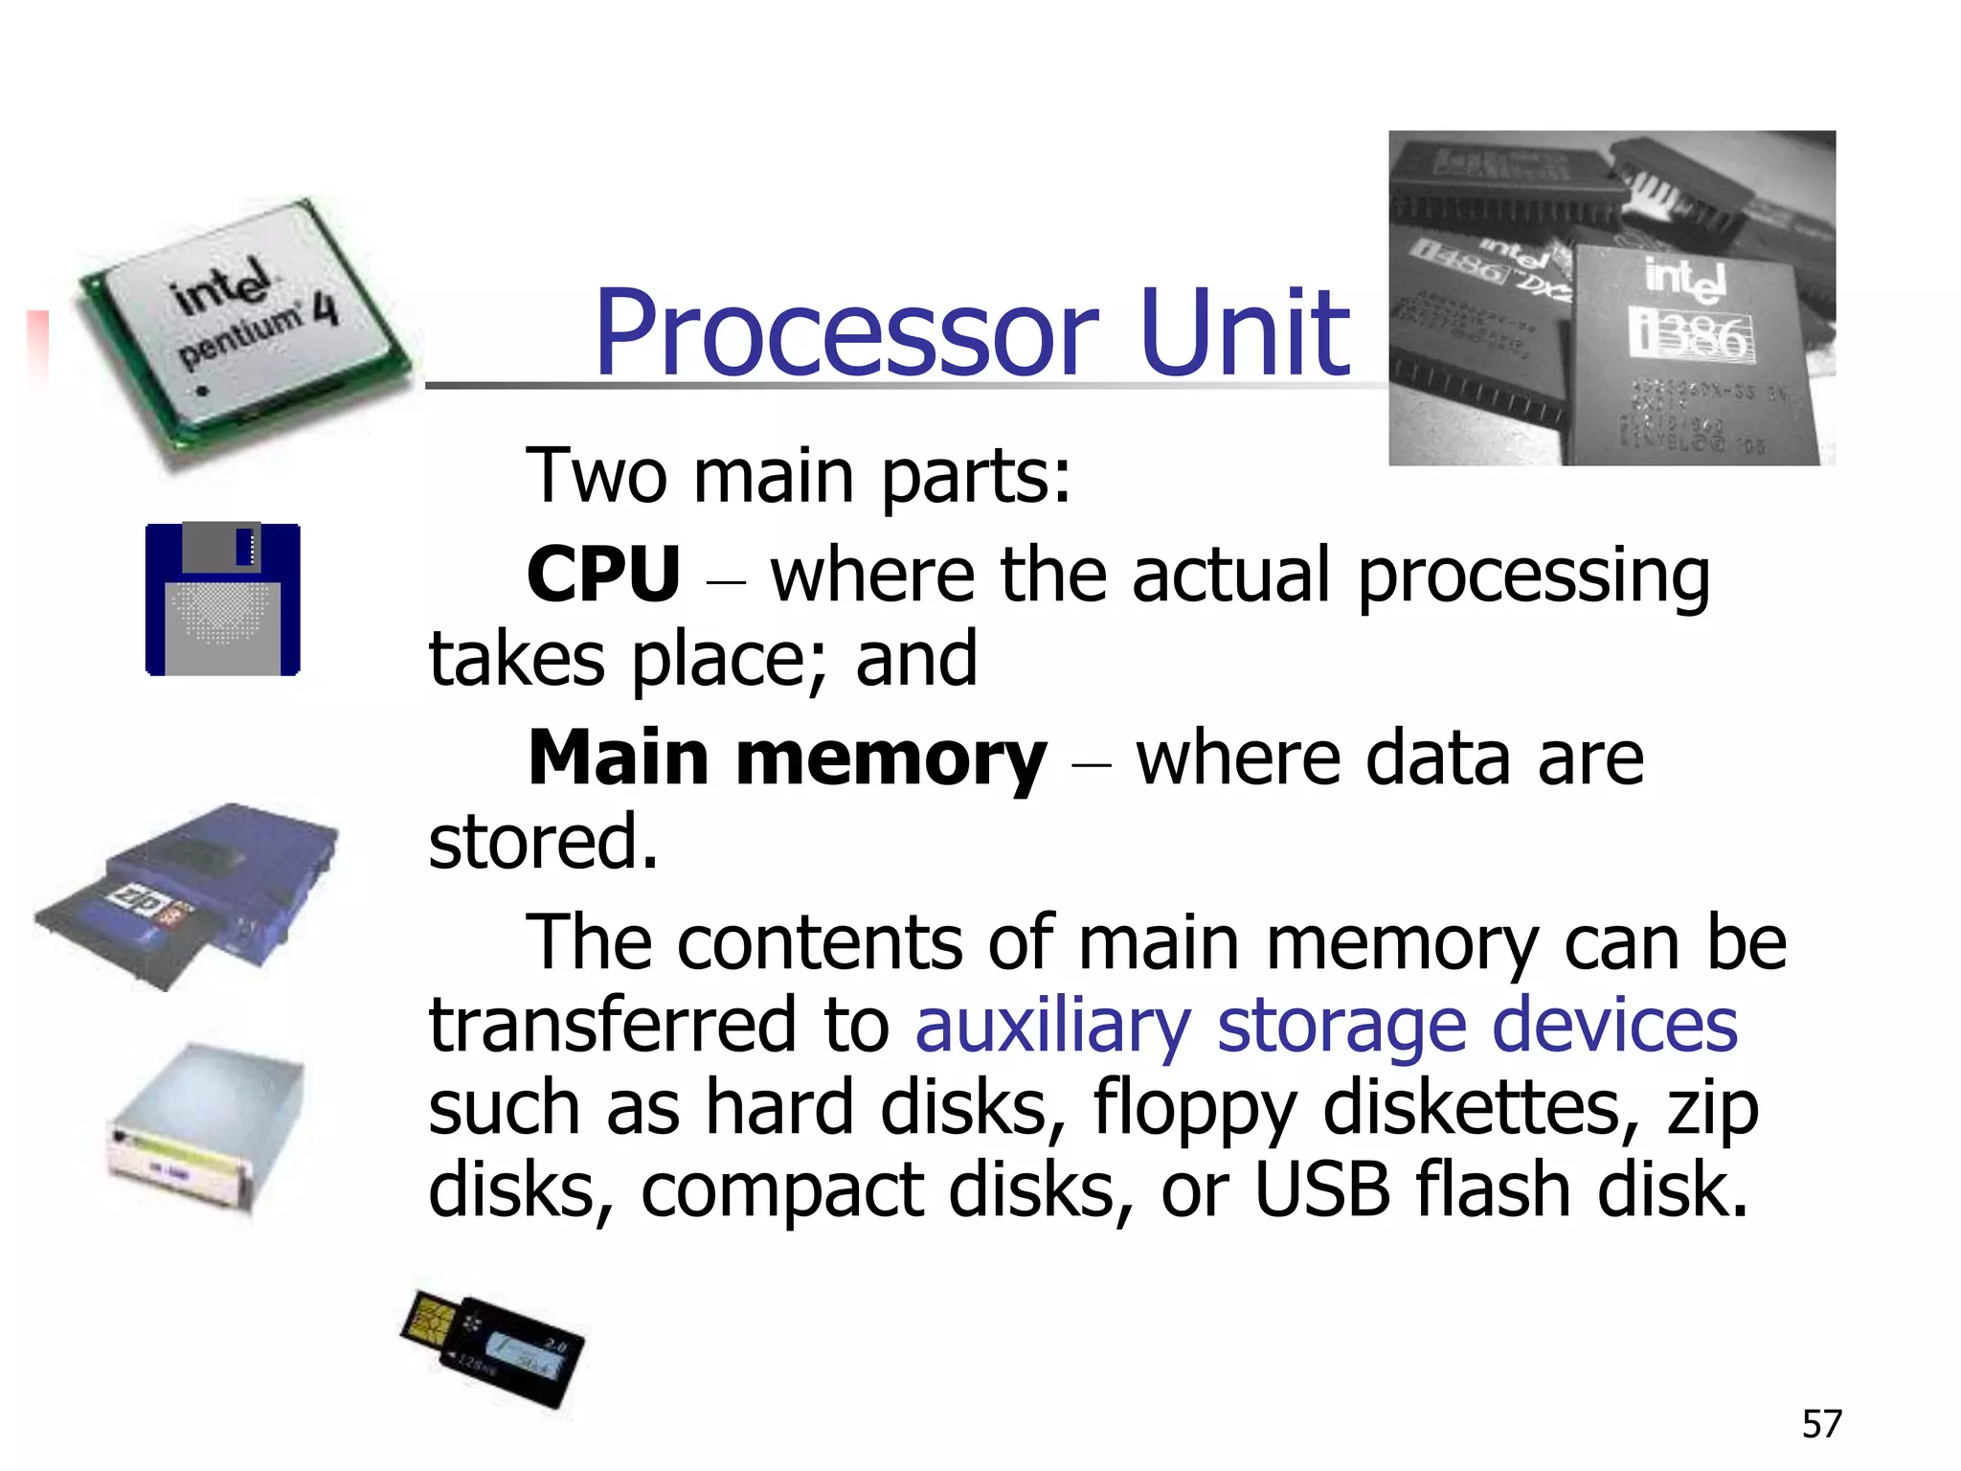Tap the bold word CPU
pyautogui.click(x=603, y=575)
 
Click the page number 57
pyautogui.click(x=1821, y=1424)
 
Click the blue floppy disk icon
pyautogui.click(x=222, y=600)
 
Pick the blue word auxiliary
pyautogui.click(x=1052, y=1026)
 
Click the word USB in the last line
pyautogui.click(x=1321, y=1190)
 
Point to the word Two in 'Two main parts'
pyautogui.click(x=596, y=476)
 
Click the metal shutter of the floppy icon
pyautogui.click(x=220, y=548)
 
